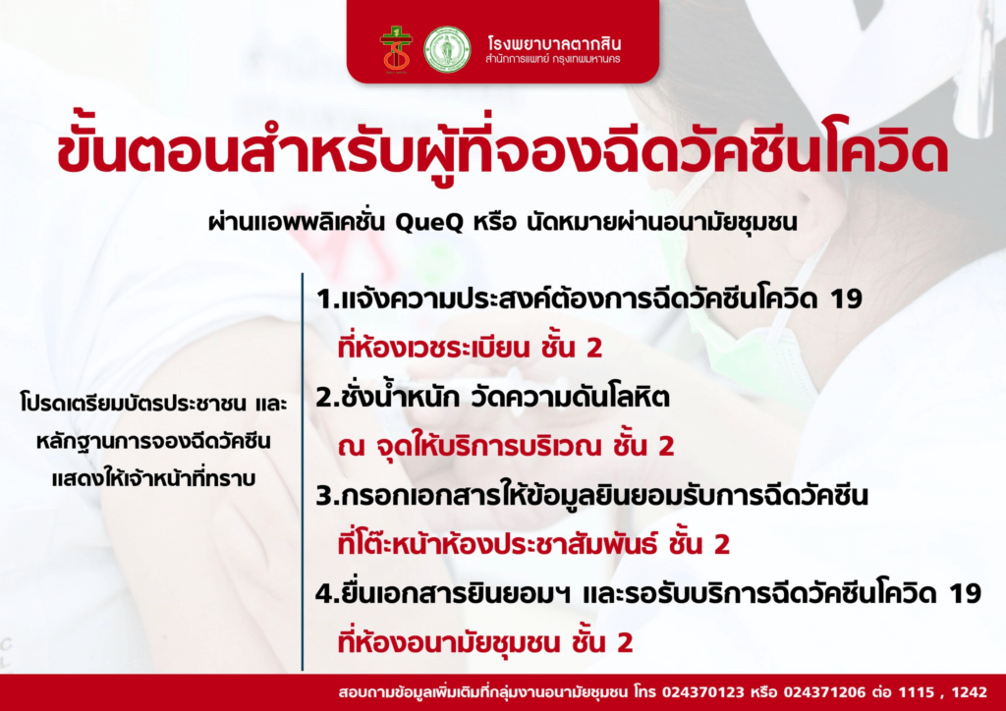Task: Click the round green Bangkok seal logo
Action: click(x=447, y=49)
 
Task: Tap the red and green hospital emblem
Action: click(x=397, y=49)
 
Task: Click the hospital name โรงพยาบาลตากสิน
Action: click(x=554, y=43)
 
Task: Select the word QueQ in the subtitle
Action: click(x=428, y=223)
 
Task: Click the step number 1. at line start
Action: click(x=326, y=299)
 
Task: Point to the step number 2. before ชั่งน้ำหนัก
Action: click(x=326, y=398)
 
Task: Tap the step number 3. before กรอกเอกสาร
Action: click(x=326, y=496)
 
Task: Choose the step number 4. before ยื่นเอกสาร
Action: click(x=326, y=594)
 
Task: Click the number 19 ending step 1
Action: click(x=846, y=299)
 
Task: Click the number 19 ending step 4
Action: click(x=965, y=594)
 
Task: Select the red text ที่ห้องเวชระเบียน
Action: click(x=433, y=347)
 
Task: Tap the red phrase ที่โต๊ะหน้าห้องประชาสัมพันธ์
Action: click(x=498, y=544)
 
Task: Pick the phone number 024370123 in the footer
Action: click(x=703, y=692)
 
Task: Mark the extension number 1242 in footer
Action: click(x=970, y=692)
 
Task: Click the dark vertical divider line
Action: click(x=302, y=471)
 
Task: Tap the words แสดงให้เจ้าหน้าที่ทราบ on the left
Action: click(x=153, y=478)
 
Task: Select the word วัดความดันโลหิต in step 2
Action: click(x=570, y=398)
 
